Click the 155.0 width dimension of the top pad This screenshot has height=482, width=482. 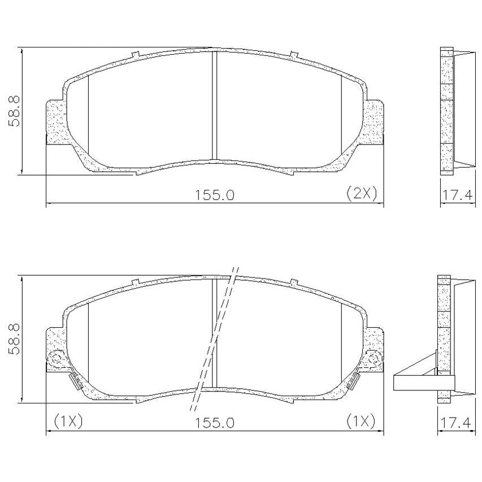click(215, 195)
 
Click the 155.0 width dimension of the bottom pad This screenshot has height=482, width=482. click(215, 423)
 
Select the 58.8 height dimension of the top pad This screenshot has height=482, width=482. click(15, 111)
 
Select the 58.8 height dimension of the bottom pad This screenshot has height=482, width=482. click(15, 339)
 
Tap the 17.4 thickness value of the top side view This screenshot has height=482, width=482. click(457, 195)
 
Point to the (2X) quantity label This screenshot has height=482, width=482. click(362, 194)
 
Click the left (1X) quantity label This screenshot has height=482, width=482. click(68, 421)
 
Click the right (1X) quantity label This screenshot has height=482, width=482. click(361, 421)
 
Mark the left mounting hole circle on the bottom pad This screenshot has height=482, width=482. click(57, 358)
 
